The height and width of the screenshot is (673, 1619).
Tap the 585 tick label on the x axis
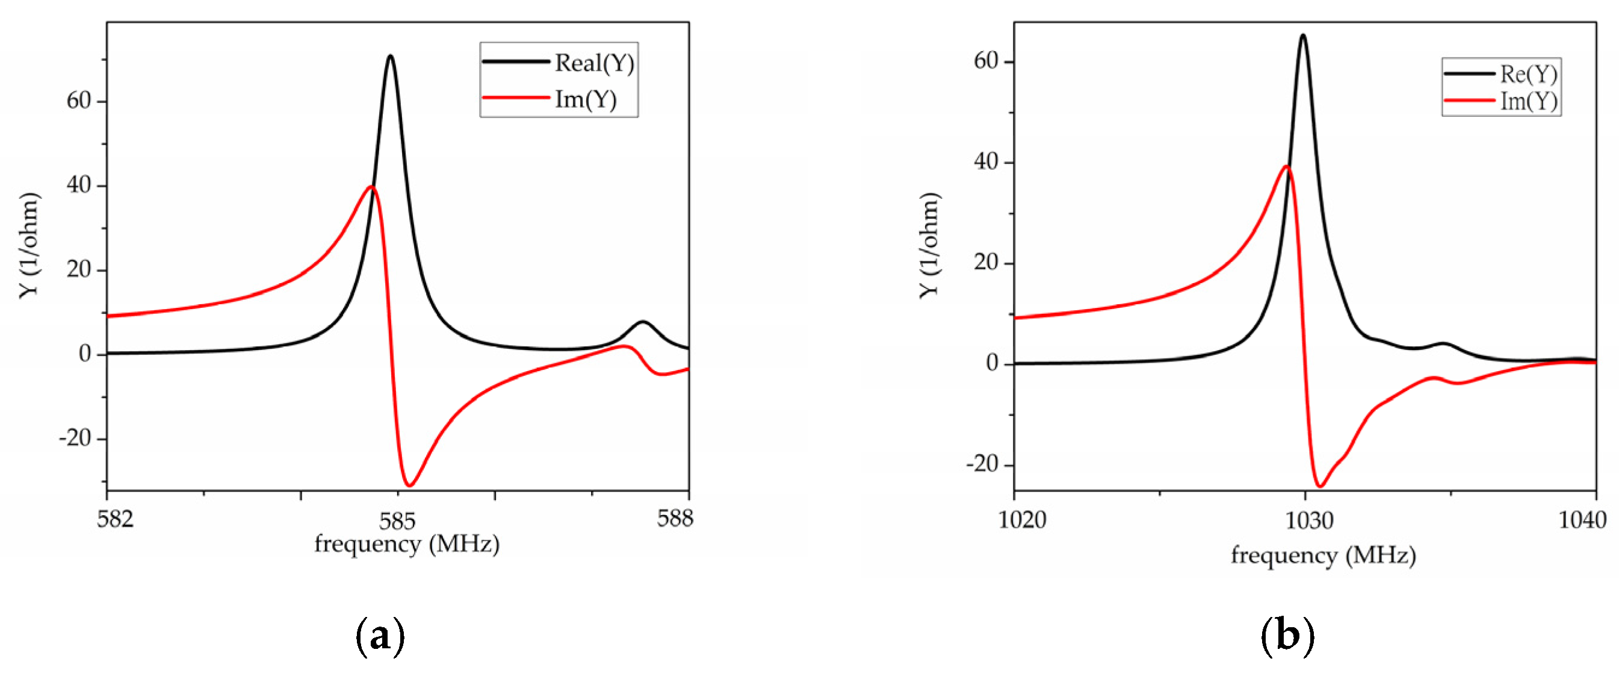397,521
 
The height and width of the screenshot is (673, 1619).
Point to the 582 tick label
115,519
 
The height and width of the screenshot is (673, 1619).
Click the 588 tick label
674,518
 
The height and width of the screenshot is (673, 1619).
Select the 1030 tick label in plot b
1309,520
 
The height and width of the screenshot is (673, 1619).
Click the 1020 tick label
1022,520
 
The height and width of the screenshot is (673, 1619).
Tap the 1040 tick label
1582,520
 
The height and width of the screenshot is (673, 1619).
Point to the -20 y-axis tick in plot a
75,438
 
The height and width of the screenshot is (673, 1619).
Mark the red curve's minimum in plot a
410,485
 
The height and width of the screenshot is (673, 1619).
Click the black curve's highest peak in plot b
1303,35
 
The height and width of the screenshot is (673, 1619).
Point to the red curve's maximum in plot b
1287,167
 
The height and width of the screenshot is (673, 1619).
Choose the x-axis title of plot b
1323,556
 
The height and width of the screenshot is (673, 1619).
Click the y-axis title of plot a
29,245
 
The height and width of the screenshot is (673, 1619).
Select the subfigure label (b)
1287,636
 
